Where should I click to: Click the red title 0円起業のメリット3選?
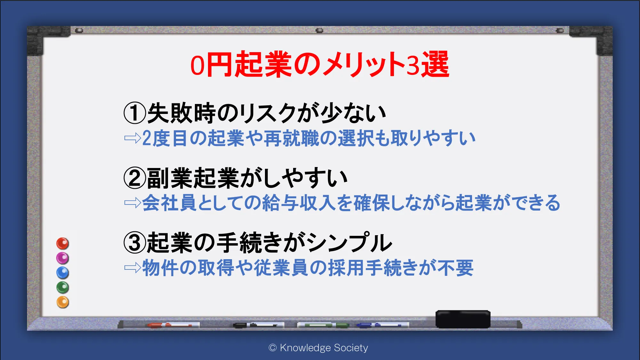point(320,64)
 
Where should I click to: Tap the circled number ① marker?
point(135,113)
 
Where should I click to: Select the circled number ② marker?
point(135,178)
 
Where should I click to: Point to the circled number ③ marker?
point(135,243)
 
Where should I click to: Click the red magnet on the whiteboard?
point(63,244)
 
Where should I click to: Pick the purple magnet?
point(63,258)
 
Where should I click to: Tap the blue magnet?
point(63,273)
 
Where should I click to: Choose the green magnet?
point(63,287)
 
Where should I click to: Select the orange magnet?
point(63,302)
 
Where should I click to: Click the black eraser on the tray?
point(463,319)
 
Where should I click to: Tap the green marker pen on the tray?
point(323,325)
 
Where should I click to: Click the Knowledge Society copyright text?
point(318,348)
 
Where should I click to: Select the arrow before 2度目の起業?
point(133,138)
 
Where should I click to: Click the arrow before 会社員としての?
point(133,203)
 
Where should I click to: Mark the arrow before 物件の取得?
point(133,268)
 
